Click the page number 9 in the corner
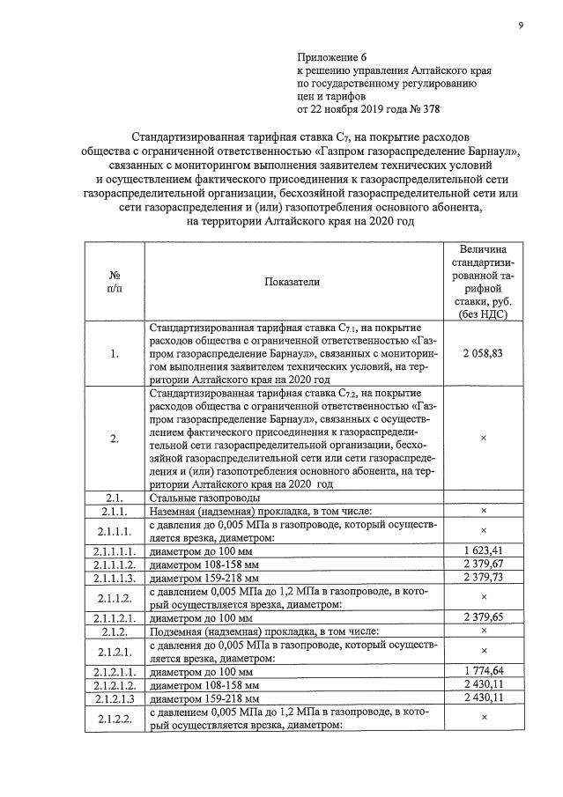[520, 26]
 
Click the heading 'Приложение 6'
[332, 55]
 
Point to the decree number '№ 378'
[420, 109]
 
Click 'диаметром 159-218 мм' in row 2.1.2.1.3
[204, 697]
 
